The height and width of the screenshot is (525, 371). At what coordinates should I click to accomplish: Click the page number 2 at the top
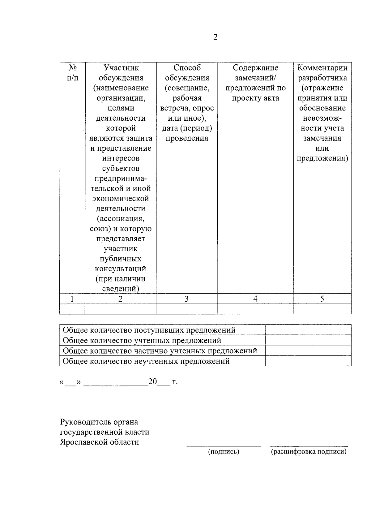(x=215, y=37)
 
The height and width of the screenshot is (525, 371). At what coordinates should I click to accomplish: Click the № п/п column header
(x=72, y=73)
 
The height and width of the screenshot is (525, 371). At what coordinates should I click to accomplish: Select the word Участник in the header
(x=121, y=68)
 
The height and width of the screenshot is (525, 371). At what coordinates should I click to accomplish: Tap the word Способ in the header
(x=187, y=68)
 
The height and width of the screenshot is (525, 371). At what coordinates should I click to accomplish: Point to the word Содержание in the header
(x=255, y=68)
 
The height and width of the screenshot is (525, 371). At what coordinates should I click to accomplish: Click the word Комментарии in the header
(x=322, y=68)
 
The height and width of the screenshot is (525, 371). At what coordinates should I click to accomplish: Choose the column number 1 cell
(x=72, y=299)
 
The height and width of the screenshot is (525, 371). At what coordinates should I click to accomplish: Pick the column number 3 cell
(x=186, y=299)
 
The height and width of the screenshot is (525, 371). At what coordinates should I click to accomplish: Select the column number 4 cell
(x=255, y=299)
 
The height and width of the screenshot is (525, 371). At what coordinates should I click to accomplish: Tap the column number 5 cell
(x=322, y=299)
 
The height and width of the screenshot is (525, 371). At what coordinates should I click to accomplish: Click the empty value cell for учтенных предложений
(x=308, y=340)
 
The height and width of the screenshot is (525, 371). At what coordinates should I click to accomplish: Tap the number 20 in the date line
(x=153, y=382)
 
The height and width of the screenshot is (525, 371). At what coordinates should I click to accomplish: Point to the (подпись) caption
(x=224, y=452)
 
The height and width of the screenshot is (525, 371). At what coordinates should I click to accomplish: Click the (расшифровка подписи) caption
(x=309, y=452)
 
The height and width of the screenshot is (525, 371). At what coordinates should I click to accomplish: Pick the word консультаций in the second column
(x=121, y=269)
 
